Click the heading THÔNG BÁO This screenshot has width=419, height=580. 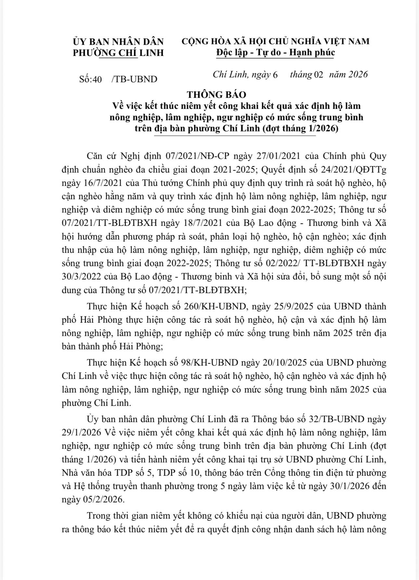216,95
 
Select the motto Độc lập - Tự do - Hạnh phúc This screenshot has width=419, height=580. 275,53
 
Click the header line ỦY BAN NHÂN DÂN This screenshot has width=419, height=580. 118,42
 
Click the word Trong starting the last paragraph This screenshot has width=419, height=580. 99,516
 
